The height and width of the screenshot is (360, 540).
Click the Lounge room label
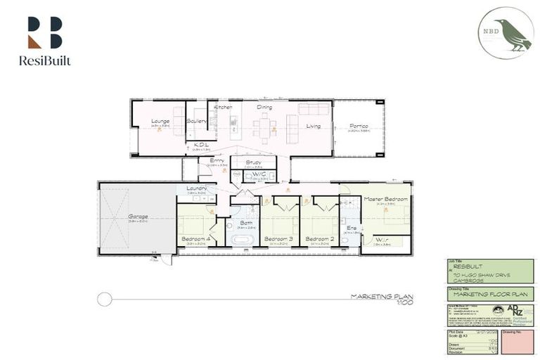click(160, 121)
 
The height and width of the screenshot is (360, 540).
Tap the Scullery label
click(197, 121)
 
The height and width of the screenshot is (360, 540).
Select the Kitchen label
click(224, 108)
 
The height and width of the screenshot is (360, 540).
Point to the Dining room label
click(264, 108)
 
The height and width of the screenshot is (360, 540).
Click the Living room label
click(314, 127)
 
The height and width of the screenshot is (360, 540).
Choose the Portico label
click(359, 127)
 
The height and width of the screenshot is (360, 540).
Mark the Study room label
click(254, 162)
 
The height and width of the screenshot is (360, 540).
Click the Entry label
click(217, 161)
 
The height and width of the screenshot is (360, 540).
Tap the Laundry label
click(196, 188)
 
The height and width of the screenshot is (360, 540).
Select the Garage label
click(138, 217)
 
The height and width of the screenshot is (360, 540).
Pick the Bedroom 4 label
click(193, 239)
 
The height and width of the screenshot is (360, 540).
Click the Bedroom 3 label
click(278, 239)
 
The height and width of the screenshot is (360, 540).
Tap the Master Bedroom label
click(385, 200)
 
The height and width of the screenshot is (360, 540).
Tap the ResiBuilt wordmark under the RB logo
click(45, 61)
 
